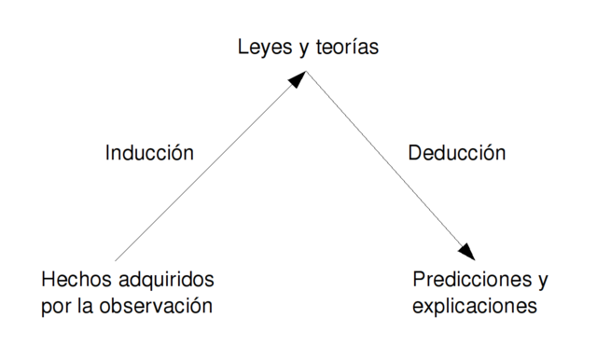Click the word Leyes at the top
pyautogui.click(x=259, y=46)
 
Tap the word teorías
pyautogui.click(x=345, y=46)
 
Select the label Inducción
pyautogui.click(x=149, y=153)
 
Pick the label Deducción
pyautogui.click(x=457, y=153)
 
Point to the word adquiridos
pyautogui.click(x=165, y=280)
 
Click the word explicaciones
pyautogui.click(x=475, y=305)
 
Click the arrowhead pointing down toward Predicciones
pyautogui.click(x=465, y=251)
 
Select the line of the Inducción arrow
pyautogui.click(x=205, y=169)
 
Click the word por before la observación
pyautogui.click(x=57, y=305)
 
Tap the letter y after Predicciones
pyautogui.click(x=542, y=281)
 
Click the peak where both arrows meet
pyautogui.click(x=306, y=72)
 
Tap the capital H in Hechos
pyautogui.click(x=49, y=279)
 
